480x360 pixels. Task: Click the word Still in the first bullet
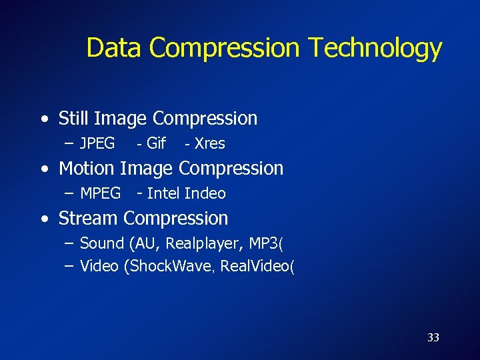[74, 119]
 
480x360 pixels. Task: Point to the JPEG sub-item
[97, 143]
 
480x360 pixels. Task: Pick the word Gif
[155, 143]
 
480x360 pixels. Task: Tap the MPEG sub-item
[100, 193]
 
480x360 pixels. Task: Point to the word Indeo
[205, 193]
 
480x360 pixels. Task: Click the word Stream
[89, 219]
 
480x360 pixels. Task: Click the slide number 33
[433, 337]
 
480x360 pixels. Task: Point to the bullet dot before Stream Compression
[43, 219]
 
